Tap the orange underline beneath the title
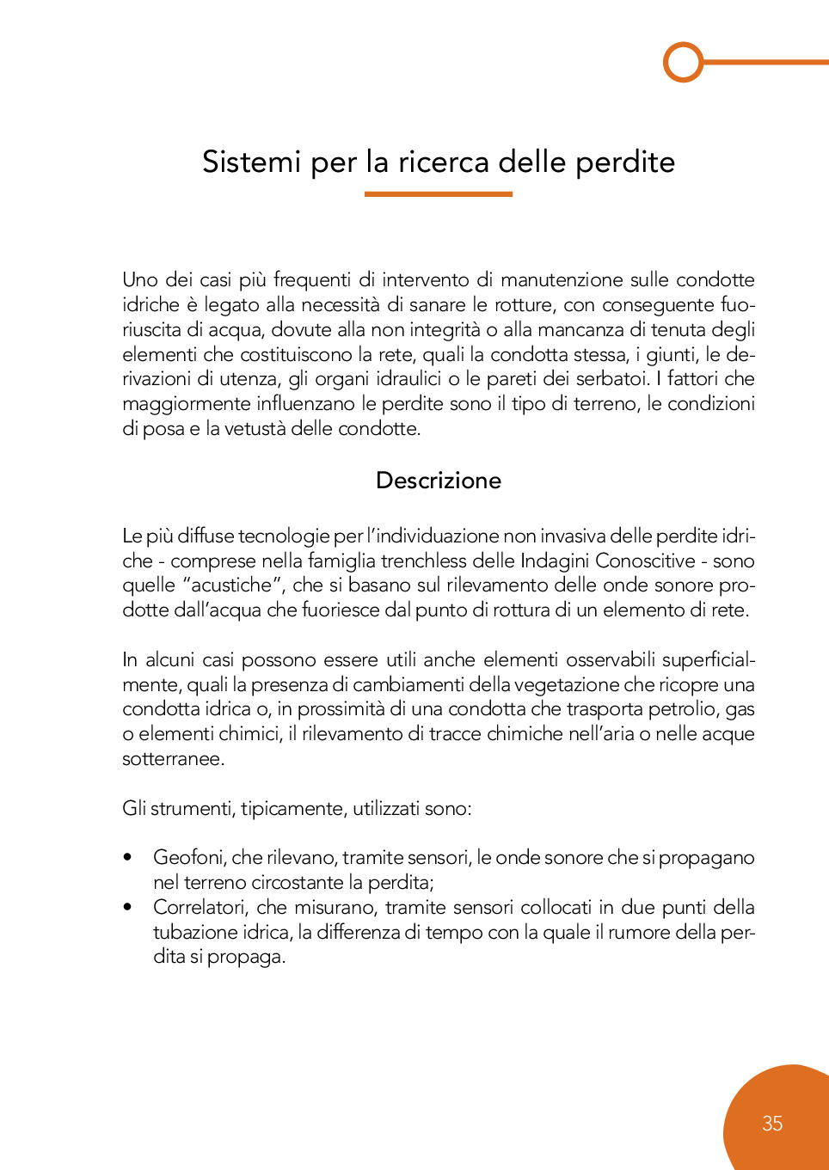438,194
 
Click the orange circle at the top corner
684,62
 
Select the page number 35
772,1123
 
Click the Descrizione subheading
439,481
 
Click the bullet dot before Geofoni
128,857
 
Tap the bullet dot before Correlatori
128,907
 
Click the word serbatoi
612,379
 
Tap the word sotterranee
172,759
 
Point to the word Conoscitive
645,561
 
